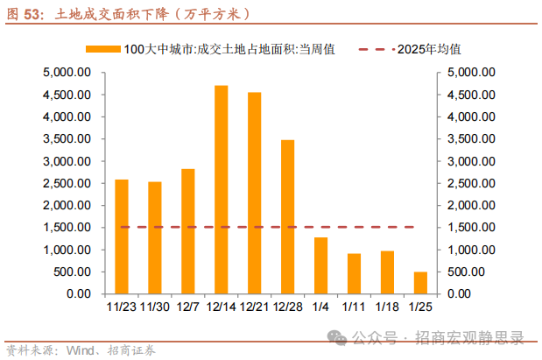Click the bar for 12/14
pos(221,189)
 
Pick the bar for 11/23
pos(122,236)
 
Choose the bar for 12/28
pos(287,216)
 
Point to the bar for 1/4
pos(320,265)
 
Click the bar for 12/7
pos(187,231)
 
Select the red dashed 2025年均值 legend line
pos(375,49)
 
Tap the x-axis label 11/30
pos(154,307)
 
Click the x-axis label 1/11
pos(354,307)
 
